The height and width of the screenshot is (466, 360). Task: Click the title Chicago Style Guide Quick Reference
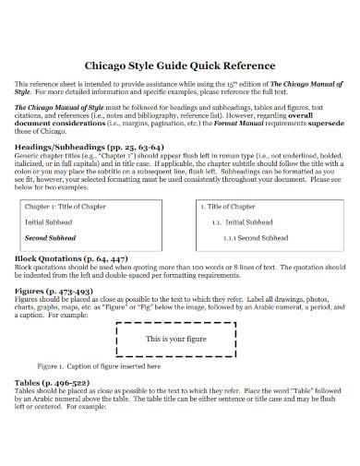point(179,66)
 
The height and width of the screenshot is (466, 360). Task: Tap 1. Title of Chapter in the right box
point(228,208)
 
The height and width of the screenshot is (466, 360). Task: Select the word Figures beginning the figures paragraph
point(27,300)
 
